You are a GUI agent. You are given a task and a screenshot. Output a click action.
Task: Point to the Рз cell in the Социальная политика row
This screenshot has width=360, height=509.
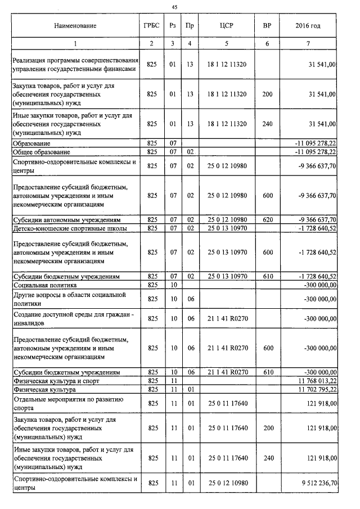tap(173, 285)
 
